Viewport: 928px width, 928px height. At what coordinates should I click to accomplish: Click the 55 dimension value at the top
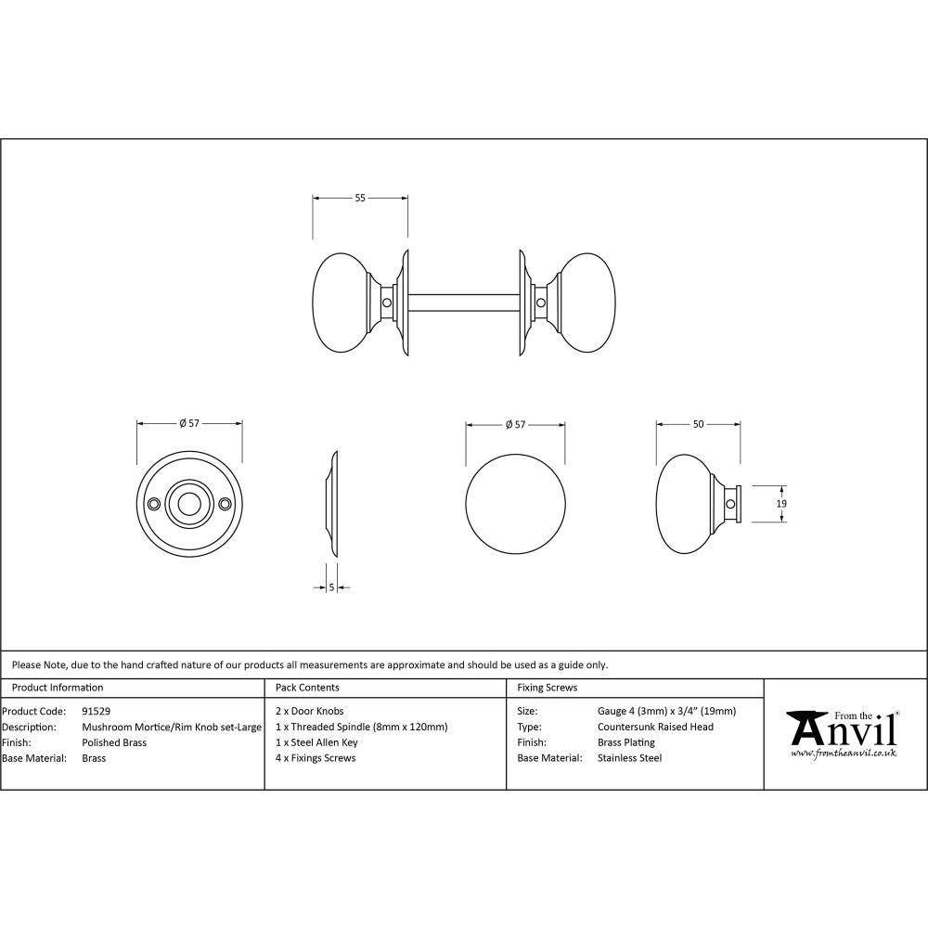[360, 198]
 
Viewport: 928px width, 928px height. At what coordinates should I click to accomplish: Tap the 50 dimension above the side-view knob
[698, 424]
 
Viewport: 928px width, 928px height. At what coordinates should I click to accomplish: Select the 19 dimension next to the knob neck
[781, 503]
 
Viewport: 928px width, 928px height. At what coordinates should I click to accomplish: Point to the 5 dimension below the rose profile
[331, 587]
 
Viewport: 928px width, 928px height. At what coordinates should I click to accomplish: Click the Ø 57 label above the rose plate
[189, 424]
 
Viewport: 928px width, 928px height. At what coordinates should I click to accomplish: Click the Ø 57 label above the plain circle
[515, 424]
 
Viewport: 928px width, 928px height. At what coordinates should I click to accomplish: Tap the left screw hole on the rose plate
[153, 504]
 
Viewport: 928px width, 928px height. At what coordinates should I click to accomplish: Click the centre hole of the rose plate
[189, 504]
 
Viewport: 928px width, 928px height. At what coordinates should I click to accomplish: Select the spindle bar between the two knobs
[464, 303]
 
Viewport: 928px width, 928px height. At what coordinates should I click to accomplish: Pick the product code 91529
[97, 712]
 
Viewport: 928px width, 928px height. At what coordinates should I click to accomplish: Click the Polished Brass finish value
[114, 742]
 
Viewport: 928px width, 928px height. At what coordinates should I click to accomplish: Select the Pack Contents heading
[307, 688]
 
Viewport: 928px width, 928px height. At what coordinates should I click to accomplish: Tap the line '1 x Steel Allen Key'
[316, 742]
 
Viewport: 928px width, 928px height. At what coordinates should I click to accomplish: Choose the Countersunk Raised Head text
[655, 727]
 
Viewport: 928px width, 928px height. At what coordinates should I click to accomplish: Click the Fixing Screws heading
[547, 688]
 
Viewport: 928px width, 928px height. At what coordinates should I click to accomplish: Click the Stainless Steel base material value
[629, 758]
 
